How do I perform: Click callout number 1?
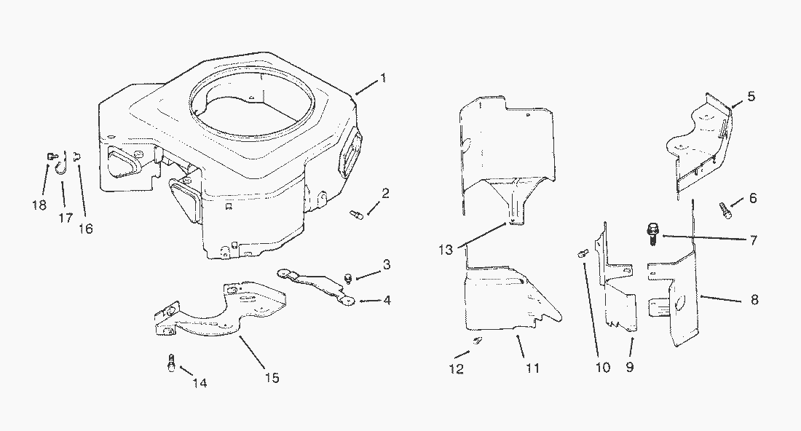383,78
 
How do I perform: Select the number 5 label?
751,96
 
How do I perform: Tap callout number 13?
446,250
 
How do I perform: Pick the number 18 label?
39,205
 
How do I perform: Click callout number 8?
754,299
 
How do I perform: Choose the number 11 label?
533,368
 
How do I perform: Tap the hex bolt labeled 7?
652,234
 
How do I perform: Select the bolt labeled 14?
172,363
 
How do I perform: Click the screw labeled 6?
726,210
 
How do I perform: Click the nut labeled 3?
348,278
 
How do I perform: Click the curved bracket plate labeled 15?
221,309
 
